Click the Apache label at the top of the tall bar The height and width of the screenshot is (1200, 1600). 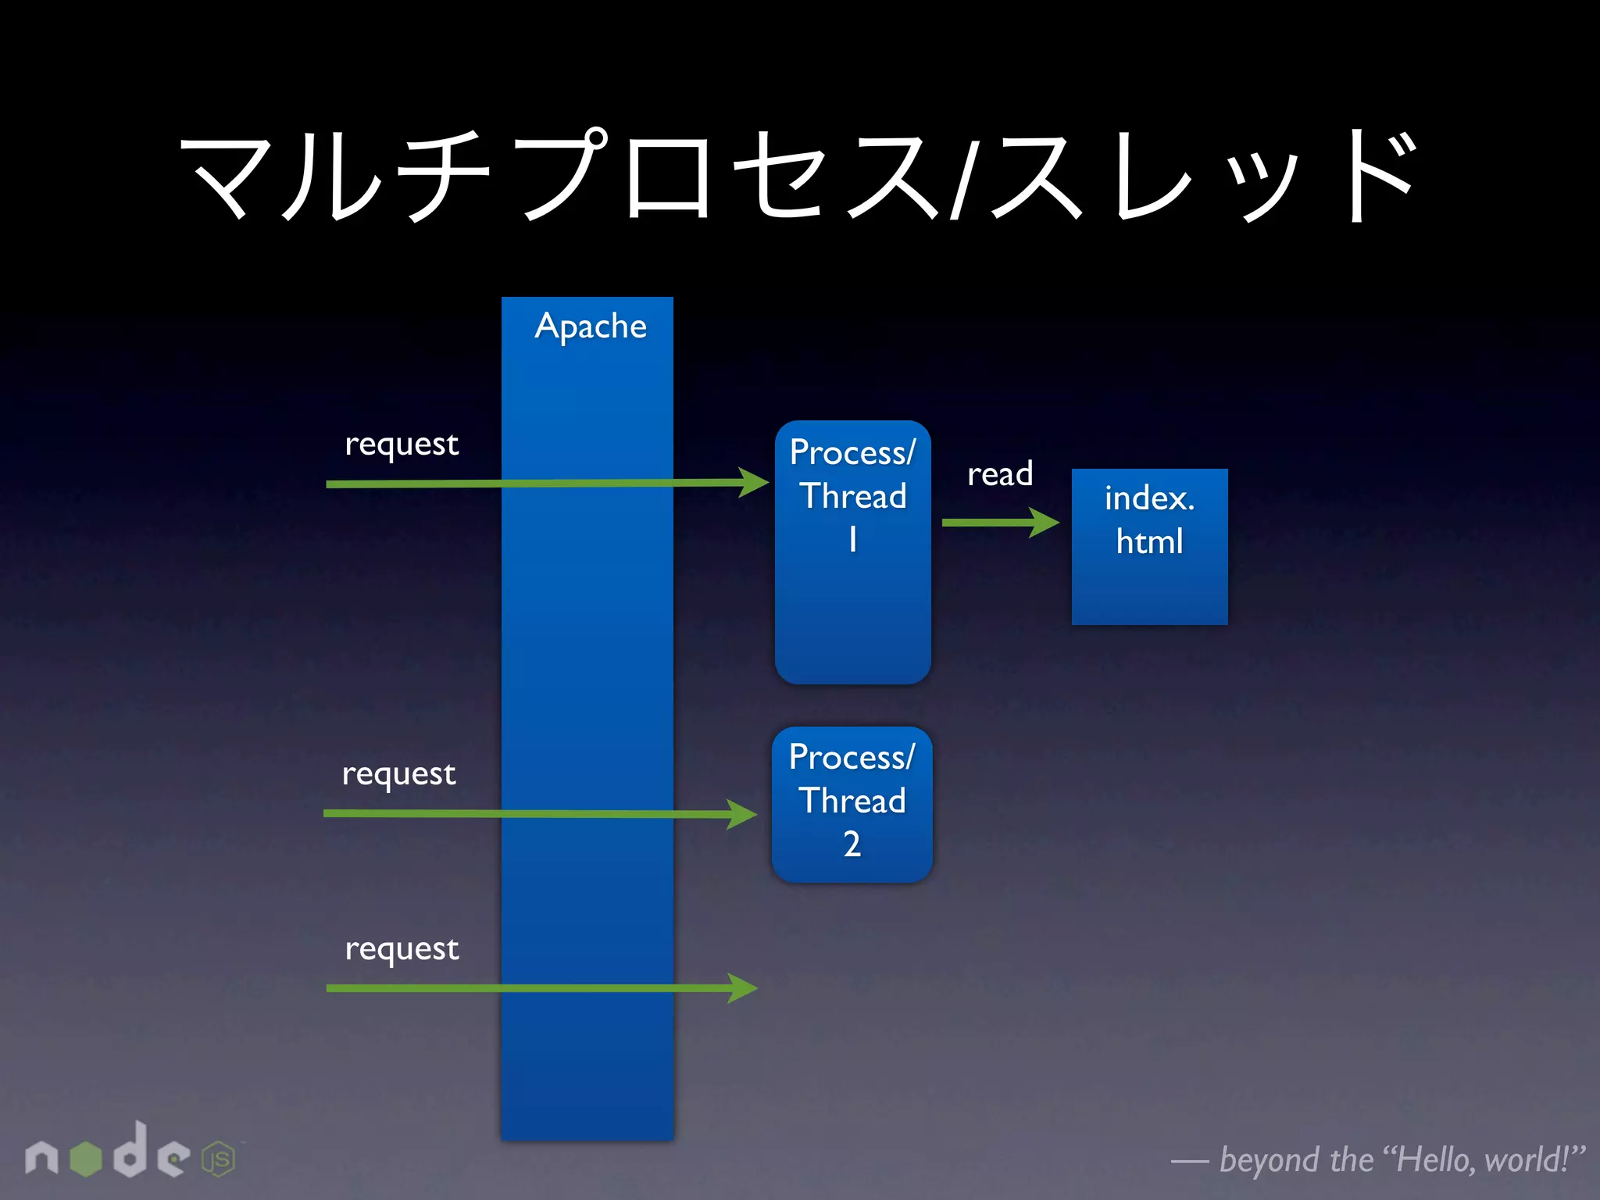click(591, 327)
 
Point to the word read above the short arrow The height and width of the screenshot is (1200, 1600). click(1000, 473)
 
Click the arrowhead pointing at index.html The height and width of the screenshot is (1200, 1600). click(1045, 522)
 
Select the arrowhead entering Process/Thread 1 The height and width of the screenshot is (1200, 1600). click(754, 482)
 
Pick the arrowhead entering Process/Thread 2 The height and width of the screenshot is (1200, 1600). click(742, 814)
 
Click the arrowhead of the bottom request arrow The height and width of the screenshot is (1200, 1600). click(743, 987)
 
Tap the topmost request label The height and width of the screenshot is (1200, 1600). click(402, 444)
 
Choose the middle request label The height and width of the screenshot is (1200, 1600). click(398, 773)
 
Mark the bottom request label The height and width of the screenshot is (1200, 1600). click(402, 948)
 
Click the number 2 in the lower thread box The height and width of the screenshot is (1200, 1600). click(852, 844)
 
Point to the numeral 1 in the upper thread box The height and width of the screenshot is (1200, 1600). click(853, 539)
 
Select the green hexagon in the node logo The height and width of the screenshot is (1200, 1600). click(86, 1158)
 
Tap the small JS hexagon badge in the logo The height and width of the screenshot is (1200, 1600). click(219, 1159)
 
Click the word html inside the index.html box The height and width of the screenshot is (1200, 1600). click(1149, 541)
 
